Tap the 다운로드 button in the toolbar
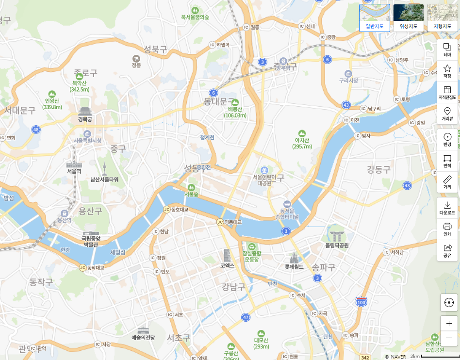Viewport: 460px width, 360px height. (x=447, y=208)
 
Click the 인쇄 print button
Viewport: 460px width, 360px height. (x=447, y=229)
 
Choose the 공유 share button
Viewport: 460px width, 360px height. (x=447, y=250)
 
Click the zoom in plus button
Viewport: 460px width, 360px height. (x=449, y=323)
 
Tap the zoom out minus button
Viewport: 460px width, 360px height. (x=449, y=338)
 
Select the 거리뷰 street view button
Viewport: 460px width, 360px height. (x=447, y=115)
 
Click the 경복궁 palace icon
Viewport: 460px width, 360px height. (x=85, y=111)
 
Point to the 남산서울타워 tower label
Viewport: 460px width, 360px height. (x=104, y=179)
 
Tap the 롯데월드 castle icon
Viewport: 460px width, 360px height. (x=294, y=258)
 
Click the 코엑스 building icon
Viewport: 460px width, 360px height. (x=227, y=256)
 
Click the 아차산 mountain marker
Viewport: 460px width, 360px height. (x=302, y=133)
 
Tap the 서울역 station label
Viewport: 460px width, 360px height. (x=74, y=171)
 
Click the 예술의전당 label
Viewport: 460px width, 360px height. (x=143, y=337)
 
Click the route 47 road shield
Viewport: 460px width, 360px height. (x=246, y=317)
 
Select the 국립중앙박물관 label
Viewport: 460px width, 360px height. (x=91, y=241)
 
